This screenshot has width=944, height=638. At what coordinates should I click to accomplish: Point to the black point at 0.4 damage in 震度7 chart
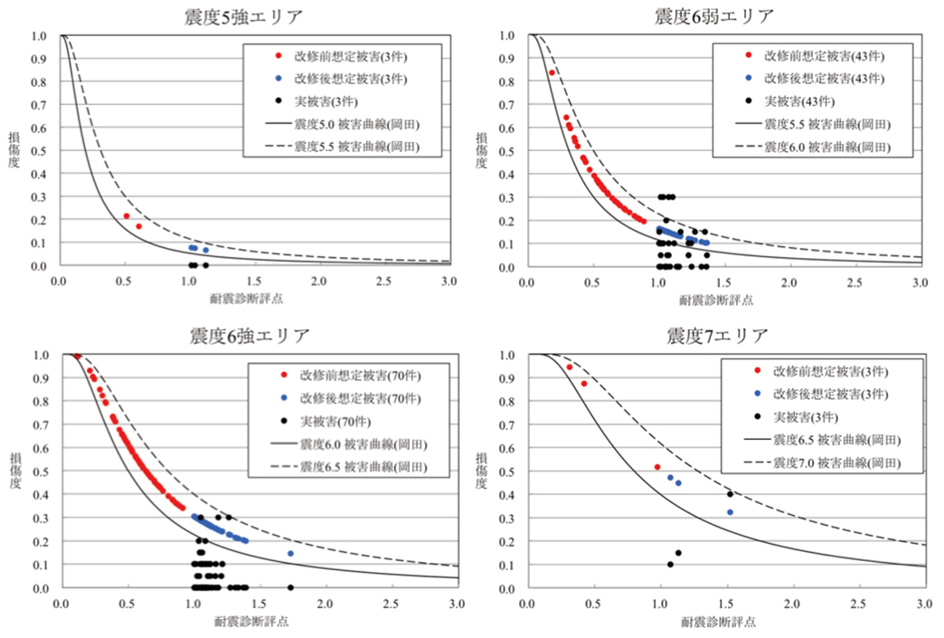pyautogui.click(x=730, y=494)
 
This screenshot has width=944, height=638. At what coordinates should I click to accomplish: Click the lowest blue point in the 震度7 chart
pyautogui.click(x=730, y=512)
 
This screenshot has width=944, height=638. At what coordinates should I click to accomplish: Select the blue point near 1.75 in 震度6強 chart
pyautogui.click(x=290, y=553)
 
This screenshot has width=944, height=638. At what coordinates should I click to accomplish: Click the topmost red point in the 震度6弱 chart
pyautogui.click(x=552, y=72)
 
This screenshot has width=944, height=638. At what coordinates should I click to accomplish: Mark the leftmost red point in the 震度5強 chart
pyautogui.click(x=127, y=215)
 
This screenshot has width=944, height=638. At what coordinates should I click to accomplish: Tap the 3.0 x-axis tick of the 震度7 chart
pyautogui.click(x=924, y=603)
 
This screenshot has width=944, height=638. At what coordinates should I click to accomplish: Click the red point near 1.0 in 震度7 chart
pyautogui.click(x=657, y=467)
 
